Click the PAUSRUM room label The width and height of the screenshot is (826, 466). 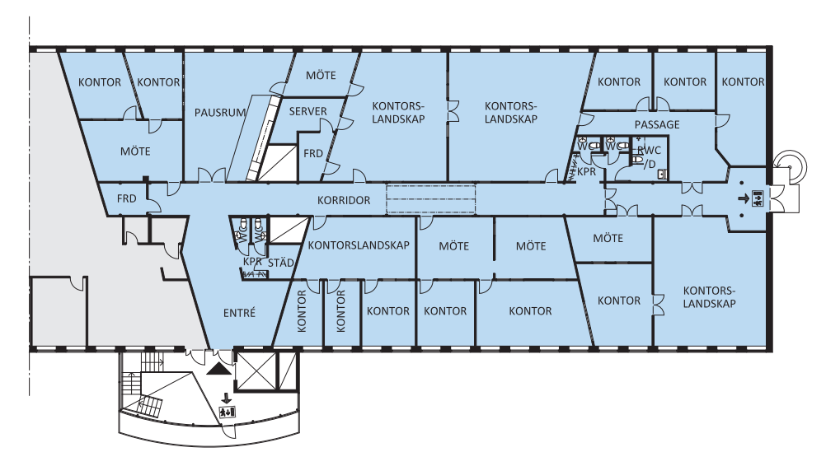[219, 113]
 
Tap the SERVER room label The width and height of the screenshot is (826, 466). [307, 111]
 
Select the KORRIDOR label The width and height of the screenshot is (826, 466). [344, 200]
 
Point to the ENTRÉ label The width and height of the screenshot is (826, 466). [239, 313]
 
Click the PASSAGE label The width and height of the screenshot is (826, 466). [656, 124]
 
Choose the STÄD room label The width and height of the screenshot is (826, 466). [281, 263]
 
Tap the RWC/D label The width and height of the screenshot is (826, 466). [649, 157]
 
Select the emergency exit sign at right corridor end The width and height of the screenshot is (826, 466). [758, 198]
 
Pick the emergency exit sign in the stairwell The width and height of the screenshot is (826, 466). [228, 412]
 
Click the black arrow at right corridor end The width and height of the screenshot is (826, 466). [744, 198]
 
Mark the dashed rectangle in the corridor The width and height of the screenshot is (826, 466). [431, 198]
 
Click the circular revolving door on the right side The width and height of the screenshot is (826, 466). [791, 165]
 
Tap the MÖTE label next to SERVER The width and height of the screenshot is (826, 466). [321, 76]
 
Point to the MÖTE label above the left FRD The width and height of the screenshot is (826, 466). [135, 151]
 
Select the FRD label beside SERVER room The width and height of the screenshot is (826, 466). [313, 154]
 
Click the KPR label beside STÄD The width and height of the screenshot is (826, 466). [252, 262]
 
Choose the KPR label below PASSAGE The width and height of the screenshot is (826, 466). [586, 172]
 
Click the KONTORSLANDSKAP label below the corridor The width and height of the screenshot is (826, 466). [359, 245]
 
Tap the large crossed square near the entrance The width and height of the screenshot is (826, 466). [256, 371]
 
